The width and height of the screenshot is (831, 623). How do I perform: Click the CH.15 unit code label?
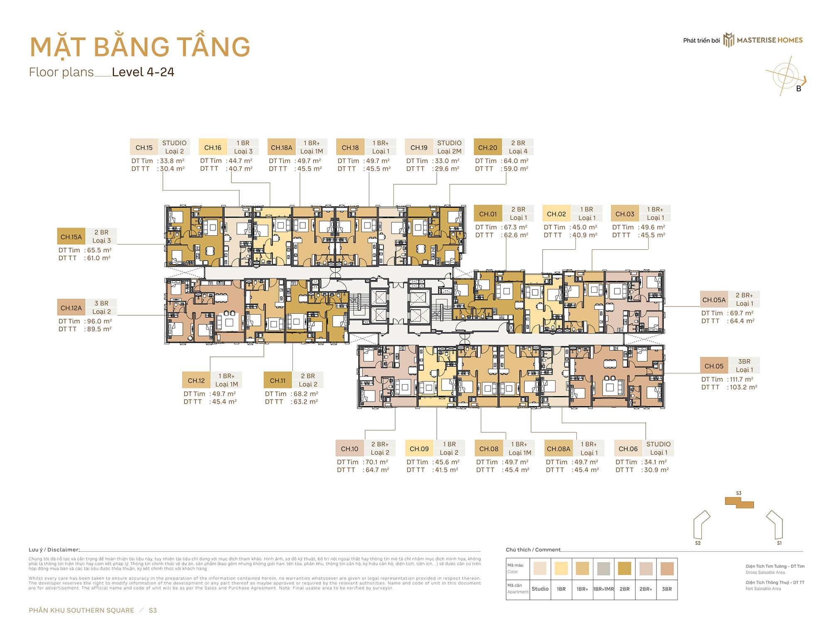(x=144, y=147)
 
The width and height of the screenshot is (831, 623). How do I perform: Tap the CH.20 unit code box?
(x=487, y=147)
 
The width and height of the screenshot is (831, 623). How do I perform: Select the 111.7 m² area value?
(x=741, y=379)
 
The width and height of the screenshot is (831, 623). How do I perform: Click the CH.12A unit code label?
(x=71, y=308)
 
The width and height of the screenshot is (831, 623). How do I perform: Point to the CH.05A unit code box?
(x=714, y=299)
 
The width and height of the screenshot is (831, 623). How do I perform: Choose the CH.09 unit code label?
(x=419, y=449)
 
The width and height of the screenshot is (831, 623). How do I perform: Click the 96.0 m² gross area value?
(x=99, y=321)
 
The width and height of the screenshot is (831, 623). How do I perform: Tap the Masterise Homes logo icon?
(x=729, y=40)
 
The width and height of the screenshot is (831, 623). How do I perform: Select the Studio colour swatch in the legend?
(x=540, y=568)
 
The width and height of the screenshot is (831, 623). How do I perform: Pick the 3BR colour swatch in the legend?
(x=667, y=568)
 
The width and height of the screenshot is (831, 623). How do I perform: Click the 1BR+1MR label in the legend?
(x=603, y=589)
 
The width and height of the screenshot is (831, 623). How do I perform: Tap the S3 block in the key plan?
(x=739, y=503)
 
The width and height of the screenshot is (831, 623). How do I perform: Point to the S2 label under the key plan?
(x=698, y=543)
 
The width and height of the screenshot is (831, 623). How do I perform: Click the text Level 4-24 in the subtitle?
(x=143, y=72)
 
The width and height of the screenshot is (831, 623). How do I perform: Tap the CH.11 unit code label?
(x=278, y=380)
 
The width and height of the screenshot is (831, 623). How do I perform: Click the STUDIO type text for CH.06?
(x=658, y=444)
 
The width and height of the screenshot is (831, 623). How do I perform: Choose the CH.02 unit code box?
(x=556, y=214)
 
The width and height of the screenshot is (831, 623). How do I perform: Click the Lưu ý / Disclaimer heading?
(x=54, y=549)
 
